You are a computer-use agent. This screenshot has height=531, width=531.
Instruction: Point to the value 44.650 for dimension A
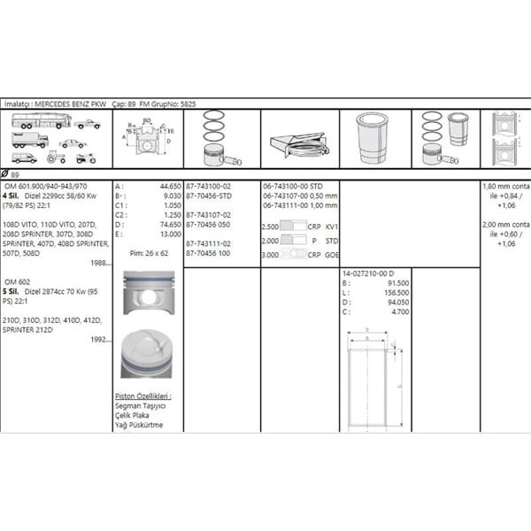tap(169, 187)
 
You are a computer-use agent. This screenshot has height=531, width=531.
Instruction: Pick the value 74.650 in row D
tap(169, 225)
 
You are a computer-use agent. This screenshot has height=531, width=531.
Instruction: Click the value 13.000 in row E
tap(169, 234)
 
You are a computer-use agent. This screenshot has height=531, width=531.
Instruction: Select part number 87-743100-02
tap(209, 187)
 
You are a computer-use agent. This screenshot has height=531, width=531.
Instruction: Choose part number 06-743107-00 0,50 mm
tap(300, 196)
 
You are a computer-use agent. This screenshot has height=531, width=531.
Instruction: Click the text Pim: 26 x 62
tap(149, 252)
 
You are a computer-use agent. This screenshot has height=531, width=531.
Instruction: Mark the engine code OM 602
tap(19, 281)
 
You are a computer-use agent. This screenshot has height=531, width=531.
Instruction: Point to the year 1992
tap(102, 338)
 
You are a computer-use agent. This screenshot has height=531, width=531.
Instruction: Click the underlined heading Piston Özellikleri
tap(143, 396)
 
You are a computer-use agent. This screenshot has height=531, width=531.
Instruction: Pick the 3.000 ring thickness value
tap(271, 253)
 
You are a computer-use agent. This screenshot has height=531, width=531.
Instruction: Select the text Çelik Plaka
tap(135, 415)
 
